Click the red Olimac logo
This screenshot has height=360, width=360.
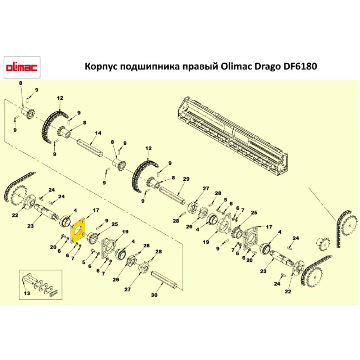pos(22,67)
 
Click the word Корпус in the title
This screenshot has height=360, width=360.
pos(100,67)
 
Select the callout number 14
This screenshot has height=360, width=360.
pos(96,133)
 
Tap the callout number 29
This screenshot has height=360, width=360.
pos(186,179)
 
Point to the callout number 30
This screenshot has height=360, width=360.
pos(154,295)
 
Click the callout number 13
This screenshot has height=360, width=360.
pos(27,293)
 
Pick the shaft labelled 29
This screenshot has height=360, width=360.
pos(172,195)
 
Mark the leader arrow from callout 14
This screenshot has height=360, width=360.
pos(93,140)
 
